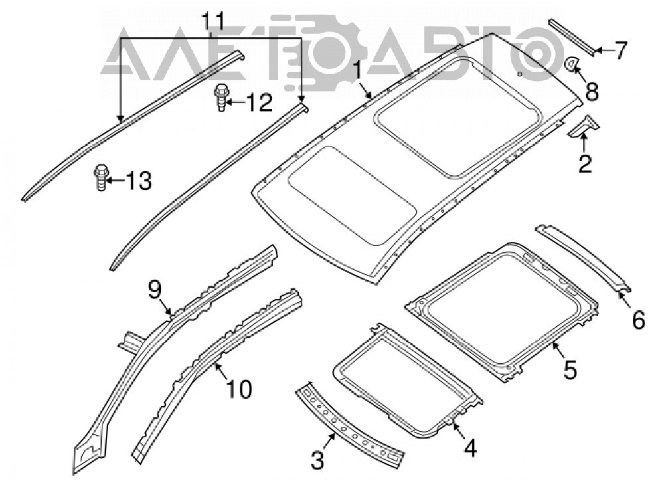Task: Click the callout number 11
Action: (212, 22)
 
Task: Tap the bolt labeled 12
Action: (220, 98)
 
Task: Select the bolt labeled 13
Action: (101, 177)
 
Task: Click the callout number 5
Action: (570, 370)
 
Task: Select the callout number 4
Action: (470, 448)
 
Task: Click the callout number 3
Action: (317, 460)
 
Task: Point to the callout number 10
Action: (239, 389)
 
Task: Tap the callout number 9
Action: (155, 290)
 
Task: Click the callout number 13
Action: (139, 181)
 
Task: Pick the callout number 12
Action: (259, 102)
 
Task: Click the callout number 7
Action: (620, 50)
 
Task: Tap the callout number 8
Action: (592, 92)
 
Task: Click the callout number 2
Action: (585, 163)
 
